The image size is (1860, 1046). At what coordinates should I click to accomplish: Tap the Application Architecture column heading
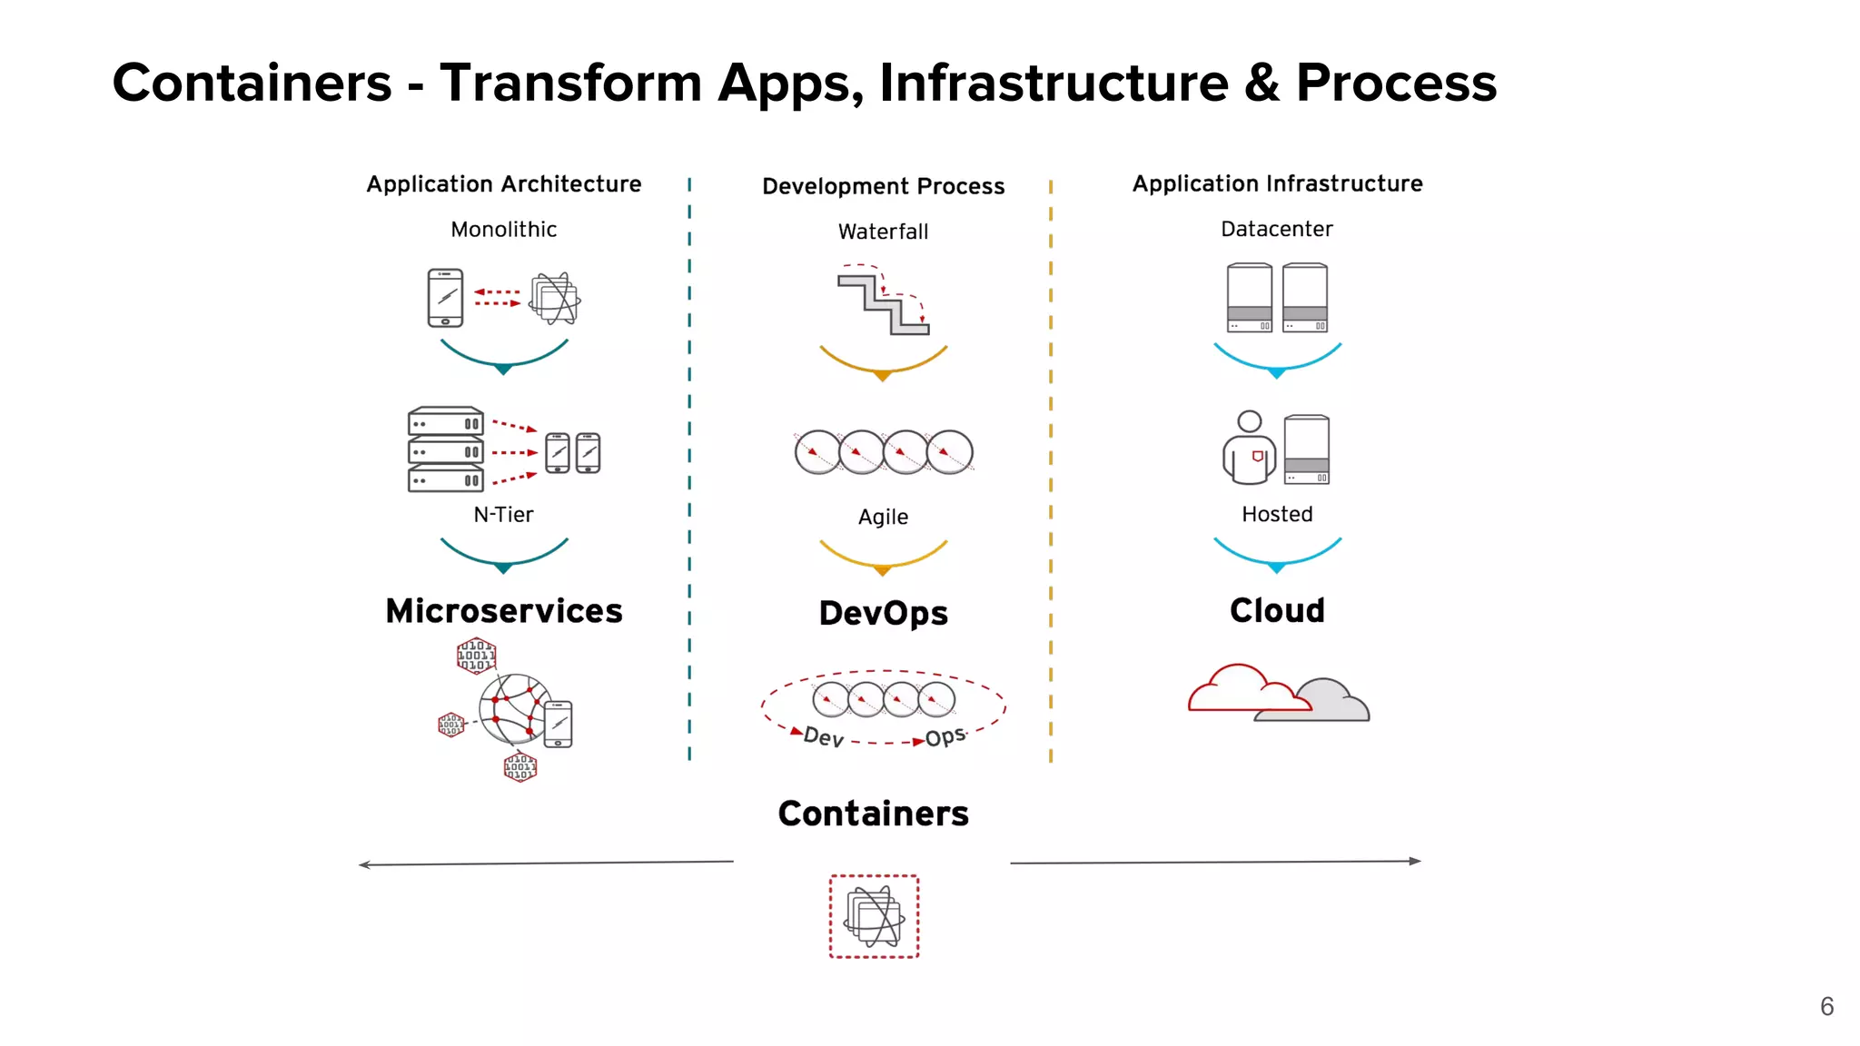click(x=503, y=184)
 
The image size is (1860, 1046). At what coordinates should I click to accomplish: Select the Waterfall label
click(x=883, y=232)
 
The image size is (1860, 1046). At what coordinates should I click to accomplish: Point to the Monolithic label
click(x=503, y=230)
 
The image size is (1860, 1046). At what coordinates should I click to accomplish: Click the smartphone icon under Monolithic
click(x=445, y=298)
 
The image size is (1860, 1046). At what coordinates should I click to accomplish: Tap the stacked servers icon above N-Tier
click(x=445, y=449)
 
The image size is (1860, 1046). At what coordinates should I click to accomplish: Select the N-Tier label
click(x=503, y=515)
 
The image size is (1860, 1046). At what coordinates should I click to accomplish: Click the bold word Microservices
click(x=503, y=611)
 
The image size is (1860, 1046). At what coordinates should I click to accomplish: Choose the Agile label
click(x=883, y=517)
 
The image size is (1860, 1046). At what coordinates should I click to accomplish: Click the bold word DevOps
click(x=883, y=613)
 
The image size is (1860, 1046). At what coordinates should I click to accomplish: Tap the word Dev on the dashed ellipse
click(x=824, y=736)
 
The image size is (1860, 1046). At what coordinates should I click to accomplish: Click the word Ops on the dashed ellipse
click(x=945, y=736)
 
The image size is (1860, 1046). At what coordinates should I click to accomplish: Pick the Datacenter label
click(x=1276, y=229)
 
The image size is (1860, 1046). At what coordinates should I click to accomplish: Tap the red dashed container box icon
click(x=874, y=916)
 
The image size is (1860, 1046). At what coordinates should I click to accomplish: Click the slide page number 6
click(x=1826, y=1006)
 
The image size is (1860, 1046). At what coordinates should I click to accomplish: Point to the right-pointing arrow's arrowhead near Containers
click(x=1415, y=861)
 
